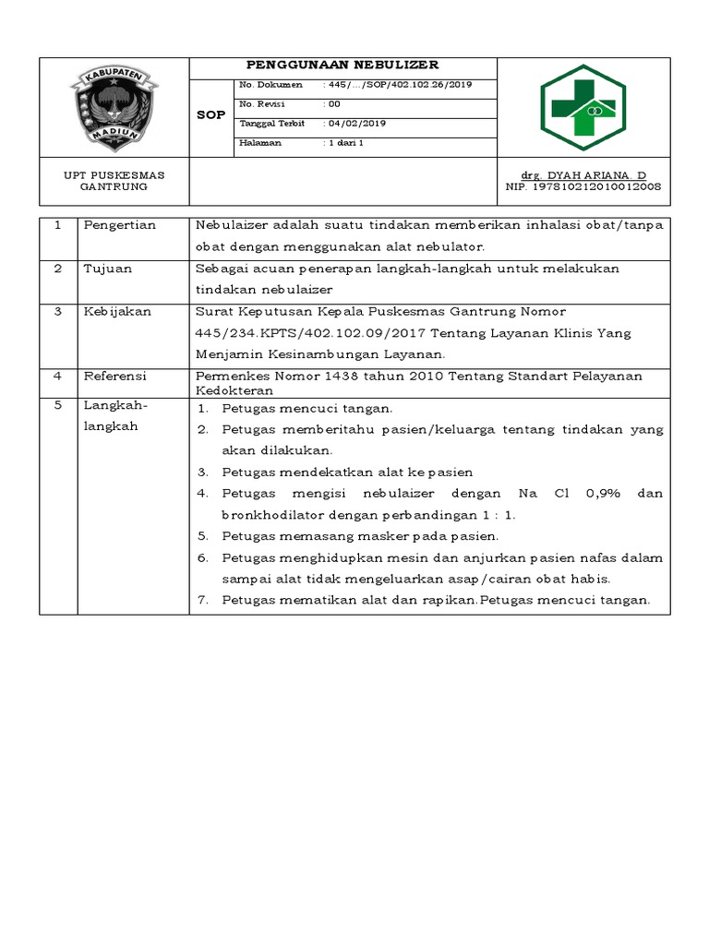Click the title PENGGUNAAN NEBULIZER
click(342, 66)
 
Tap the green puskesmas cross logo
click(583, 107)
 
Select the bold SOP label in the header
click(210, 115)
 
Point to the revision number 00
click(334, 104)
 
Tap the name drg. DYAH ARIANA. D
click(584, 174)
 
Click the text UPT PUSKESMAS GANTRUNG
click(114, 180)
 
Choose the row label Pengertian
click(120, 225)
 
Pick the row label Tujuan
click(108, 269)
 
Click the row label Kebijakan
click(115, 312)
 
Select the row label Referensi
click(115, 377)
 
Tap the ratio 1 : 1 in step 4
click(498, 515)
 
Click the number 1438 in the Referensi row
click(328, 377)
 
